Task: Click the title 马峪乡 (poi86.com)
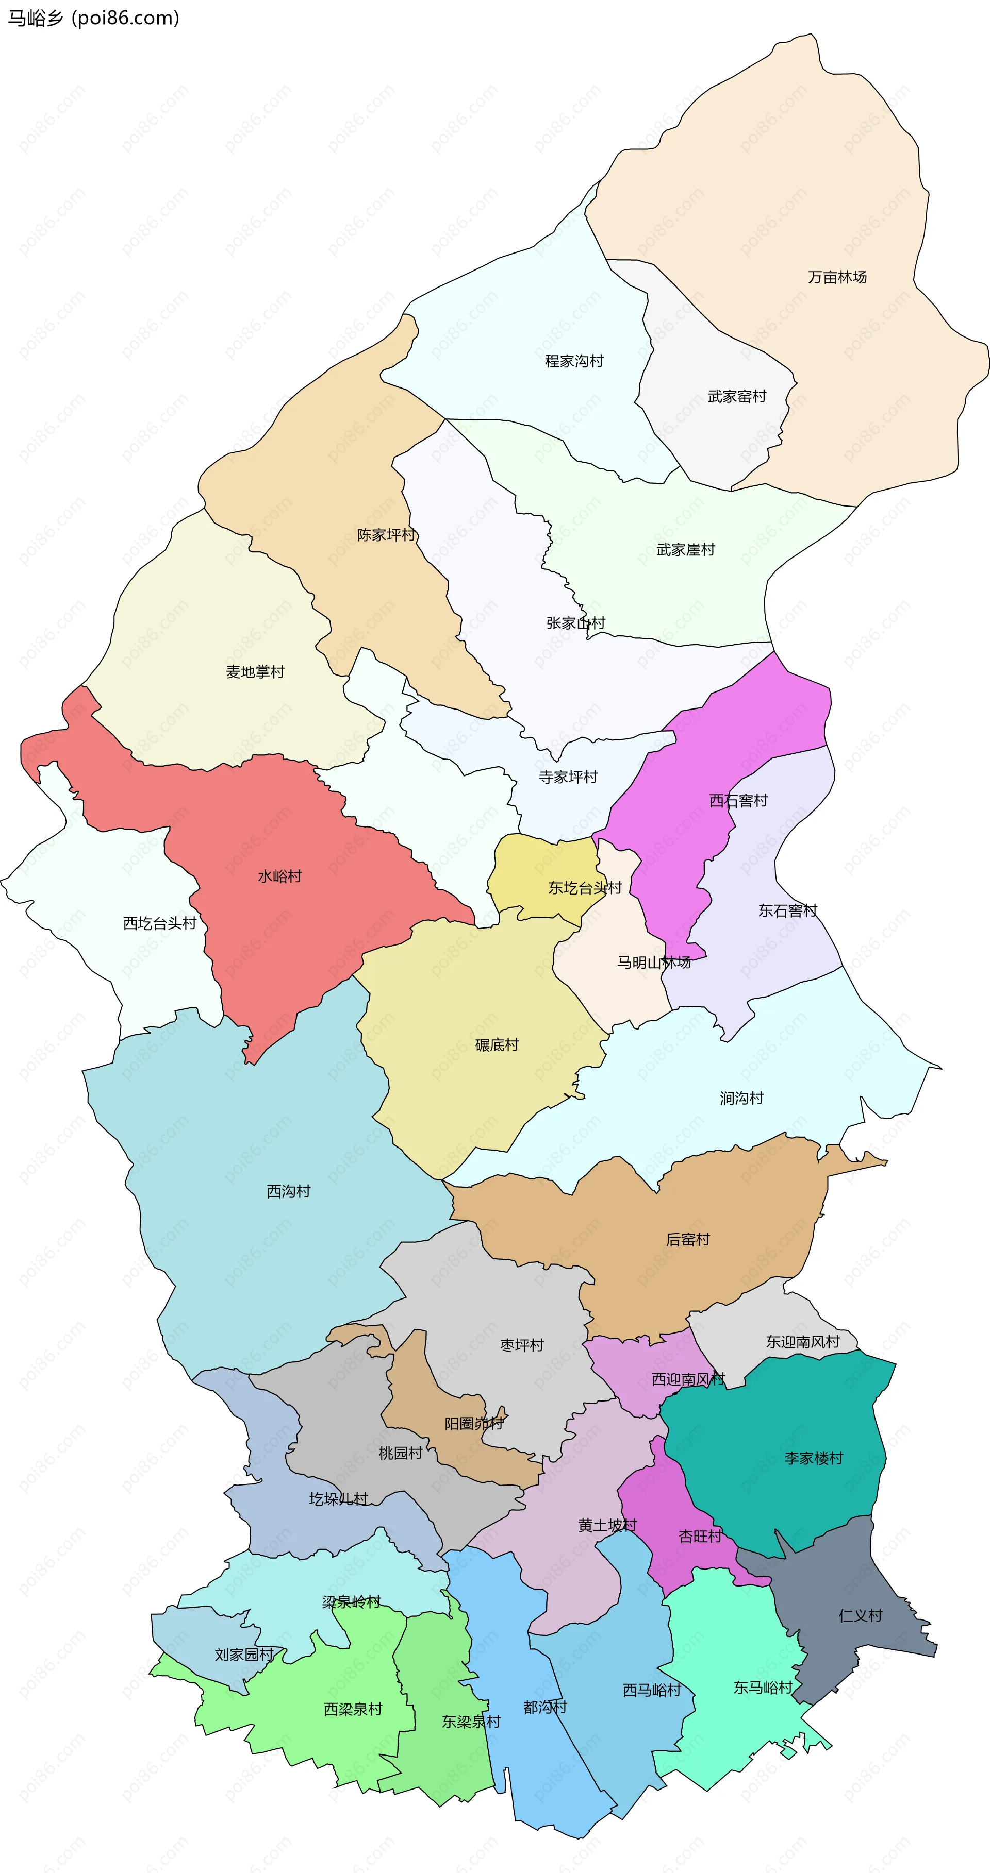coord(93,18)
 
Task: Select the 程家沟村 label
coord(574,361)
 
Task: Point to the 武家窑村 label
coord(736,396)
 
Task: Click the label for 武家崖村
coord(685,550)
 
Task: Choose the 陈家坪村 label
coord(386,535)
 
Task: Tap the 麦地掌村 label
coord(255,672)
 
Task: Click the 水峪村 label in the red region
coord(279,876)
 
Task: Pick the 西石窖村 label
coord(738,801)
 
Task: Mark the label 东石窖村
coord(788,910)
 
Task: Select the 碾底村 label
coord(497,1045)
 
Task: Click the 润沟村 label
coord(741,1098)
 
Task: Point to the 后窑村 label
coord(687,1239)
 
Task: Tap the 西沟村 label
coord(288,1191)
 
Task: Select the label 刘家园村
coord(244,1654)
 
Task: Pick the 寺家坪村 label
coord(567,777)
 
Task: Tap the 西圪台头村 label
coord(159,923)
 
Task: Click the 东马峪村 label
coord(762,1687)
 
